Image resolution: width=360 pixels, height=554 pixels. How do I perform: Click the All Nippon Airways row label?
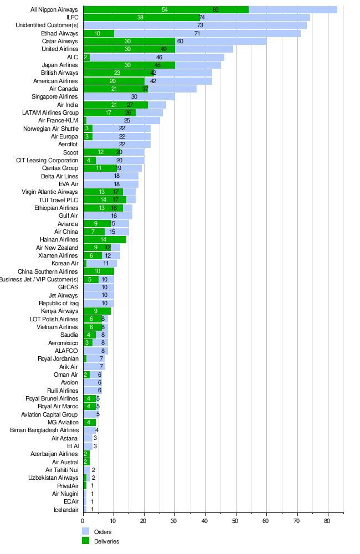point(54,10)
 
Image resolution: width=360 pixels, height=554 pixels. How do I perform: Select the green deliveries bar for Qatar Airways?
point(129,42)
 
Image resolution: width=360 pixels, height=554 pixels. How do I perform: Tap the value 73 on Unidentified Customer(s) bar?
point(200,25)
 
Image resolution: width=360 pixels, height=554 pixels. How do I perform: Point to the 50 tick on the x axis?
point(235,520)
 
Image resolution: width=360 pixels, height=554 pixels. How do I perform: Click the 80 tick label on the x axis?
point(327,520)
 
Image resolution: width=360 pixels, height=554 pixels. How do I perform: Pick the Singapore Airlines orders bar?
point(129,97)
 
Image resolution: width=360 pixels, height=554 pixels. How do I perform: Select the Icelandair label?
point(66,509)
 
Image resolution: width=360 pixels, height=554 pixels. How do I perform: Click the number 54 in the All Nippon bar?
point(165,10)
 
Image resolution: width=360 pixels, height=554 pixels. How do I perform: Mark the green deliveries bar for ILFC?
point(141,18)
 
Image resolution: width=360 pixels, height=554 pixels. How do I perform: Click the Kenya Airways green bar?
point(97,311)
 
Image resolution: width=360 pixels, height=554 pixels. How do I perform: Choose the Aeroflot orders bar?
point(117,145)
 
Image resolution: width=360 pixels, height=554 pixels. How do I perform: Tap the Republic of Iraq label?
point(59,303)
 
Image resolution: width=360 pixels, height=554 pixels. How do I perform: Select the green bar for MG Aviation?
point(90,422)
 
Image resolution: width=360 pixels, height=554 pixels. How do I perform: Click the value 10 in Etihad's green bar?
point(97,34)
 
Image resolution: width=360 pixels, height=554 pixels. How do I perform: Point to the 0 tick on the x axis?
point(83,520)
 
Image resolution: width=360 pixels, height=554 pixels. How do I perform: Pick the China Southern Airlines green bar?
point(99,271)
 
